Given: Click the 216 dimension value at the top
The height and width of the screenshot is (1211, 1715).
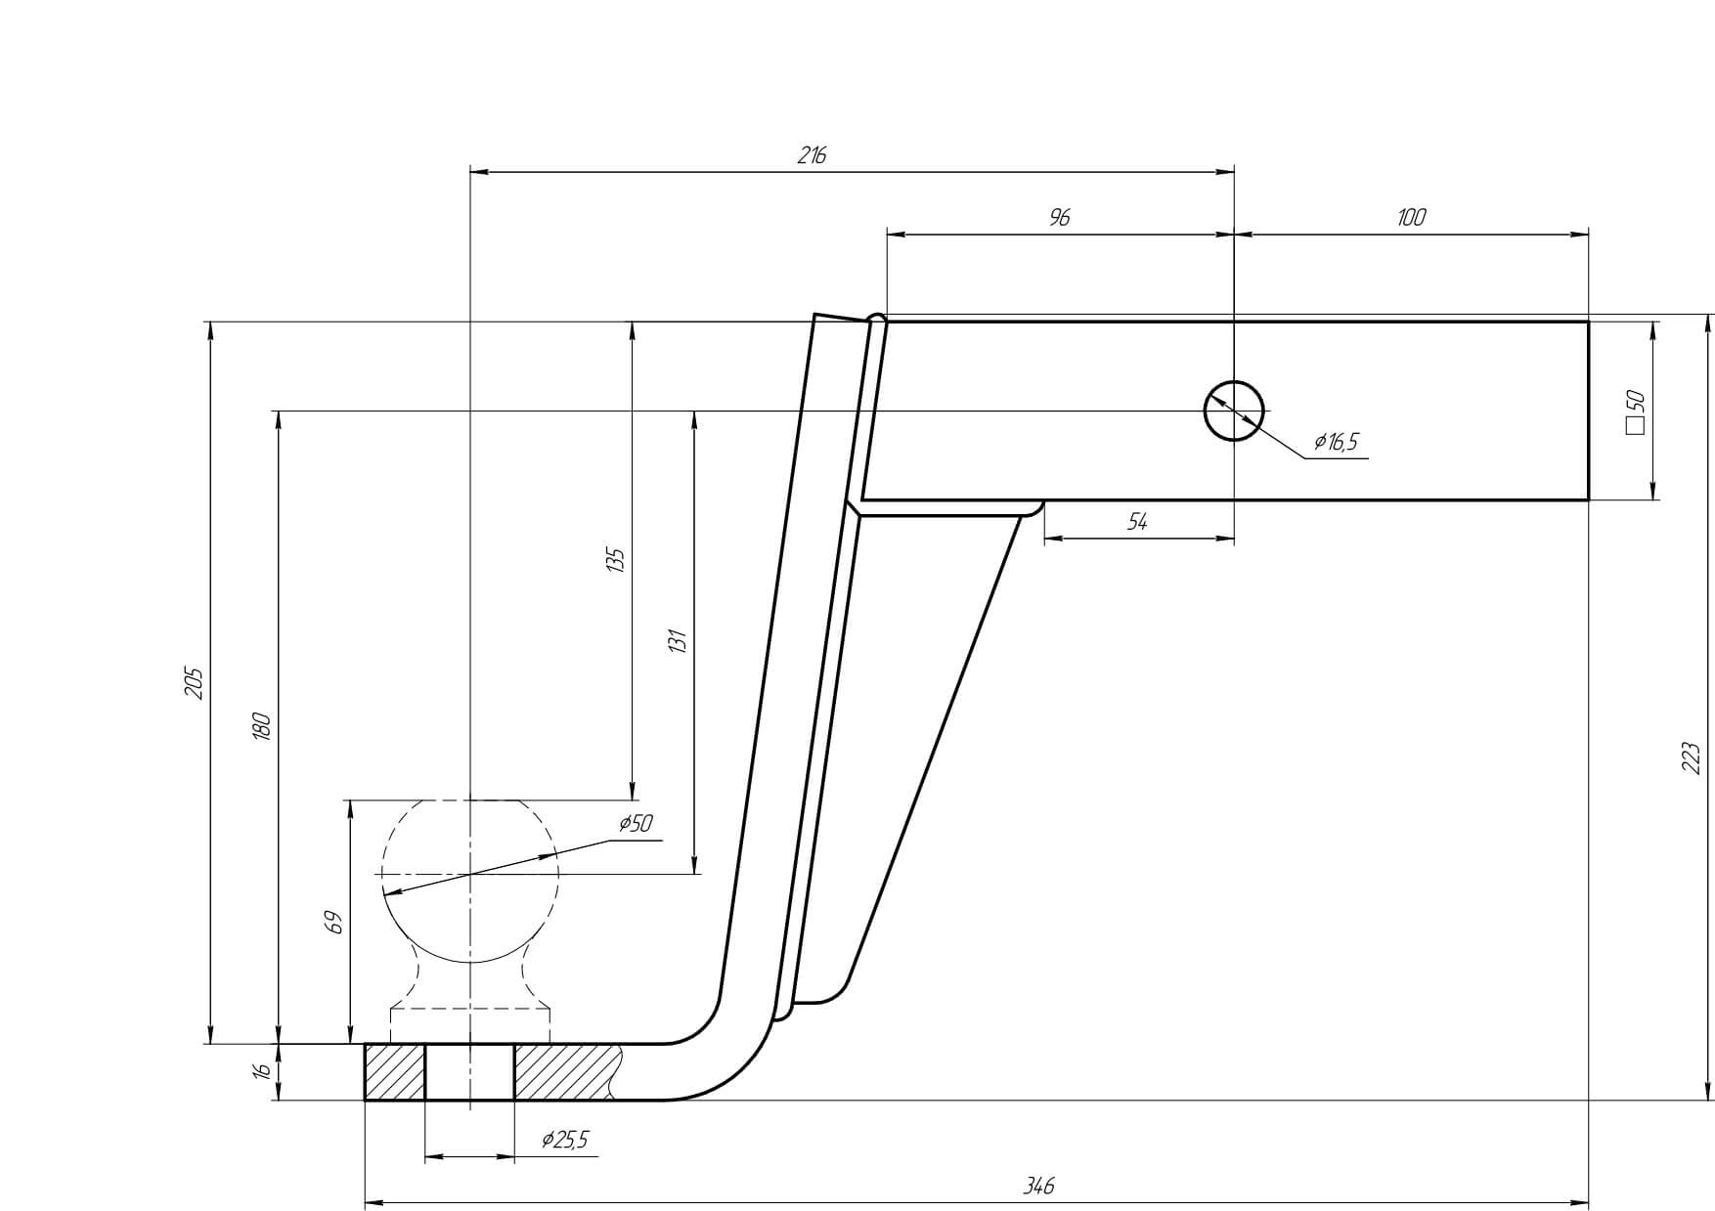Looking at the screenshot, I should [812, 155].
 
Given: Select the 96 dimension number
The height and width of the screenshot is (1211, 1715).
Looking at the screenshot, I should [1059, 217].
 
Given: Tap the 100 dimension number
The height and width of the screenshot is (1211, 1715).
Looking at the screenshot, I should [1411, 217].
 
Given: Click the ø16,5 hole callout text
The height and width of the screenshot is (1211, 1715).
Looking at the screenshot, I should [1336, 442].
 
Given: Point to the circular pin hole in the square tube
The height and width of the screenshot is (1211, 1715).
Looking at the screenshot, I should [1234, 411].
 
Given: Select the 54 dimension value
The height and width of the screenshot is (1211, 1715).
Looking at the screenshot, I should [1136, 522].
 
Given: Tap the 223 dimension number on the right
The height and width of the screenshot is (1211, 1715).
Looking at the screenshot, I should [1692, 758].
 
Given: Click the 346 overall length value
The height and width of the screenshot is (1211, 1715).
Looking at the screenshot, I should [1038, 1186].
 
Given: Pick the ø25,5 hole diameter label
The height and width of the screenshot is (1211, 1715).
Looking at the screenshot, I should [565, 1140].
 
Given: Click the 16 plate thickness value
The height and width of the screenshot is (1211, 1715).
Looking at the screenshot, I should [261, 1071].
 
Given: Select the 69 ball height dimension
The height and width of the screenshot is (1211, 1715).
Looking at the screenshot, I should [333, 922].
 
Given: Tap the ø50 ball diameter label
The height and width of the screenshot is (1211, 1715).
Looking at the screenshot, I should [636, 824].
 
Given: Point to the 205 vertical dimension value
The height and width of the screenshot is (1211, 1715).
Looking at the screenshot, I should [194, 682].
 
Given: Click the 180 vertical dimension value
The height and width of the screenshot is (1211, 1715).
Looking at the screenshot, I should [261, 726].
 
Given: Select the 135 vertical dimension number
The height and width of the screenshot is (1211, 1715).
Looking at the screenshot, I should [615, 560].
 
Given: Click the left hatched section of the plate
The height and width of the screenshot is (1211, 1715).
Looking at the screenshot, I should [395, 1072].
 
